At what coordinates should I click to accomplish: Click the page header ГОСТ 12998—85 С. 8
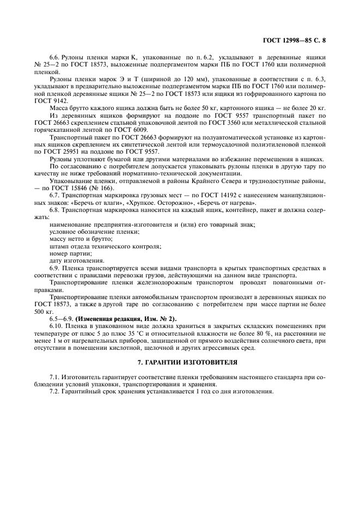tap(294, 39)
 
